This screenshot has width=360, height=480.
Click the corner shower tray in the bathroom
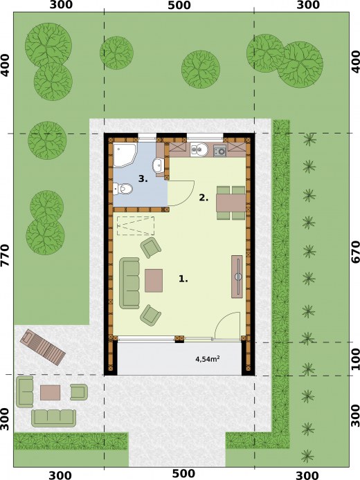point(125,155)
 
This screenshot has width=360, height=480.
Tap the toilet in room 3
point(123,189)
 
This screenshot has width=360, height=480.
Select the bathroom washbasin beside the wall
point(157,165)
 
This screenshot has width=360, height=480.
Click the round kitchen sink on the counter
point(199,149)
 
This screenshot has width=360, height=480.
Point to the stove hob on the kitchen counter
point(220,150)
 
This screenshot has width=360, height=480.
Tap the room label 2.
point(204,198)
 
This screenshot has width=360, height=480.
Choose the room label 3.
point(143,178)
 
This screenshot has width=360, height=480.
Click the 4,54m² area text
point(208,359)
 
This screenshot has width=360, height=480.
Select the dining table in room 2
point(231,203)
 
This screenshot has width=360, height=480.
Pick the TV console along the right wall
point(237,277)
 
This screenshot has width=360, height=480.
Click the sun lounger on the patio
point(43,347)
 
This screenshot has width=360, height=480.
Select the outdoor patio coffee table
point(51,393)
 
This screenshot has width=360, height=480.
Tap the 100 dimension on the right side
point(355,359)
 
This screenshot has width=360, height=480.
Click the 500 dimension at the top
point(179,5)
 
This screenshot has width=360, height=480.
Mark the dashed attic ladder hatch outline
point(136,226)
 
